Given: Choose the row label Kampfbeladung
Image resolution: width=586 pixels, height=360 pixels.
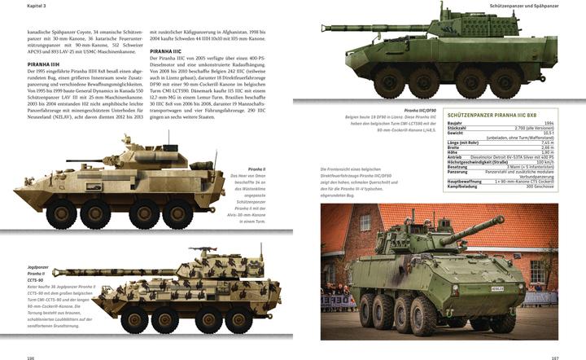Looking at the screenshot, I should click(x=463, y=186).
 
